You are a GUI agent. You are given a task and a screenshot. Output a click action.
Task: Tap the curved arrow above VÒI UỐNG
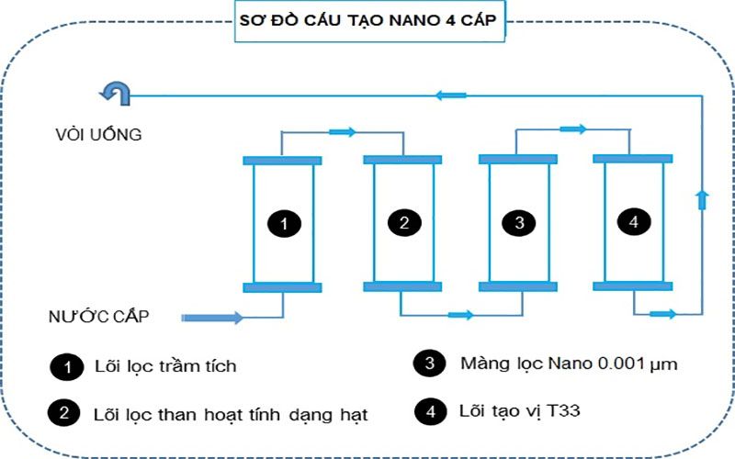(116, 92)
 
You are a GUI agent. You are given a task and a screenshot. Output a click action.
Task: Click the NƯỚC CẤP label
(99, 317)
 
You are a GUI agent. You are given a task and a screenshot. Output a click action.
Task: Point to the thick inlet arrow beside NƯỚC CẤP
(213, 318)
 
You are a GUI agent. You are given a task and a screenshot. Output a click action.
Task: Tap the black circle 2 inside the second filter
(403, 222)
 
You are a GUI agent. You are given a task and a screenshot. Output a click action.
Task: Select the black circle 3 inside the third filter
(519, 222)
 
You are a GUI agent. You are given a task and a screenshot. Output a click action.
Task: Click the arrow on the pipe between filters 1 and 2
(342, 132)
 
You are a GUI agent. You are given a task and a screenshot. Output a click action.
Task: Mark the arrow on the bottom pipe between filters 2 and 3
(460, 315)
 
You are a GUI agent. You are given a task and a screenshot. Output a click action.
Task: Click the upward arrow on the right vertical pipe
(703, 199)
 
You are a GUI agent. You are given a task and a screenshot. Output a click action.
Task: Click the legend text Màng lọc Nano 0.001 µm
(569, 364)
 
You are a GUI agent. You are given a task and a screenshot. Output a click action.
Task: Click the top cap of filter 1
(282, 162)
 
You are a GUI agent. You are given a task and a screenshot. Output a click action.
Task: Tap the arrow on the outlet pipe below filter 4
(661, 314)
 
